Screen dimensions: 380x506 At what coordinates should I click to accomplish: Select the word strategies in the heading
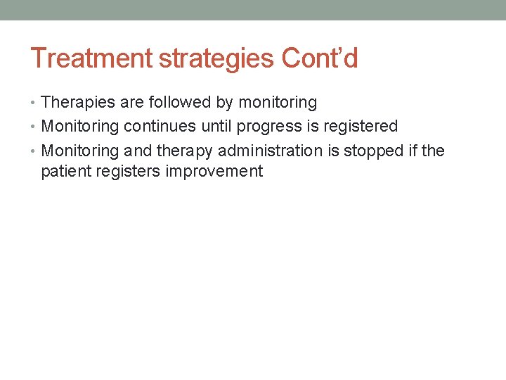[218, 58]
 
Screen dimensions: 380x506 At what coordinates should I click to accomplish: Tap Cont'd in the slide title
[320, 58]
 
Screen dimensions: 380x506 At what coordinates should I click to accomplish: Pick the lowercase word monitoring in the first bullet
[278, 103]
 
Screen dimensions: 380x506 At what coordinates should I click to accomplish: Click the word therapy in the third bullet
[185, 151]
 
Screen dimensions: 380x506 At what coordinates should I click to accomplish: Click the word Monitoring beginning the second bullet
[80, 127]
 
